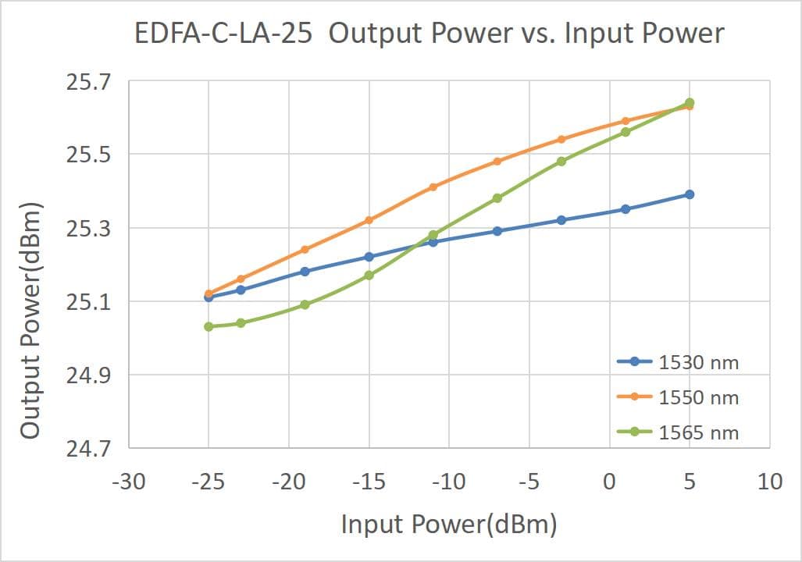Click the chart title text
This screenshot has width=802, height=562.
pos(430,34)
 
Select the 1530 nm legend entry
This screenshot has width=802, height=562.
pos(678,362)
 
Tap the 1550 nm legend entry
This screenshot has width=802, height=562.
pos(678,397)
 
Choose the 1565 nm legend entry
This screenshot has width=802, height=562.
pos(678,432)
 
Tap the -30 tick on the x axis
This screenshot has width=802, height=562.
pos(128,482)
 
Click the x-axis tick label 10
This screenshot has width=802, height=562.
pos(770,482)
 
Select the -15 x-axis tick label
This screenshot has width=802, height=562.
pos(369,482)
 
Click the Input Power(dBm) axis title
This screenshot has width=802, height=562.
pos(449,525)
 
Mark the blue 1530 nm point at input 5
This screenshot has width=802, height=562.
pos(690,194)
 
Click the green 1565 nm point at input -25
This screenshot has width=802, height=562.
pos(209,326)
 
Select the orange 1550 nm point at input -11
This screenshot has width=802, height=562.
pos(433,187)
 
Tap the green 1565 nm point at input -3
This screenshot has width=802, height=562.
pos(561,162)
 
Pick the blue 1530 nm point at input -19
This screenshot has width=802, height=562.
pos(305,272)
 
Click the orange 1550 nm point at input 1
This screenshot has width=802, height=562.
pos(626,121)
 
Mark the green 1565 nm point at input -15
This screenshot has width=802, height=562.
pos(369,275)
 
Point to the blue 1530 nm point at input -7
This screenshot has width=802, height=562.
pos(497,231)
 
